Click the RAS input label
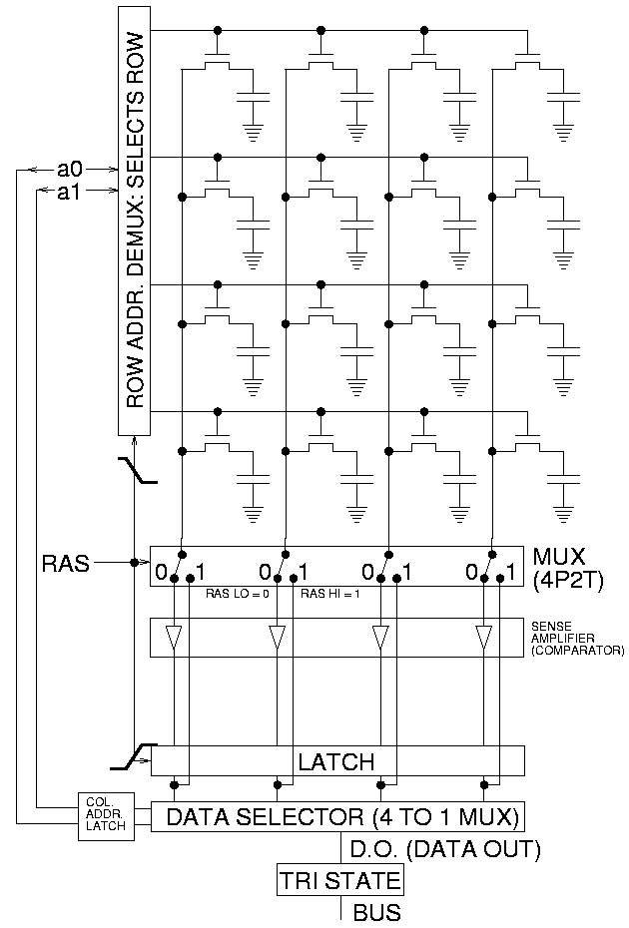pyautogui.click(x=64, y=564)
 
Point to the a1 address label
pyautogui.click(x=70, y=192)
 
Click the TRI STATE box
pyautogui.click(x=340, y=881)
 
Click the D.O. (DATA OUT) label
pyautogui.click(x=444, y=850)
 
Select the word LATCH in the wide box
pyautogui.click(x=336, y=762)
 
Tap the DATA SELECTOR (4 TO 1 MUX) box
pyautogui.click(x=337, y=817)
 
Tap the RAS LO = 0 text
pyautogui.click(x=238, y=594)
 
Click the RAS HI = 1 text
pyautogui.click(x=332, y=594)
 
